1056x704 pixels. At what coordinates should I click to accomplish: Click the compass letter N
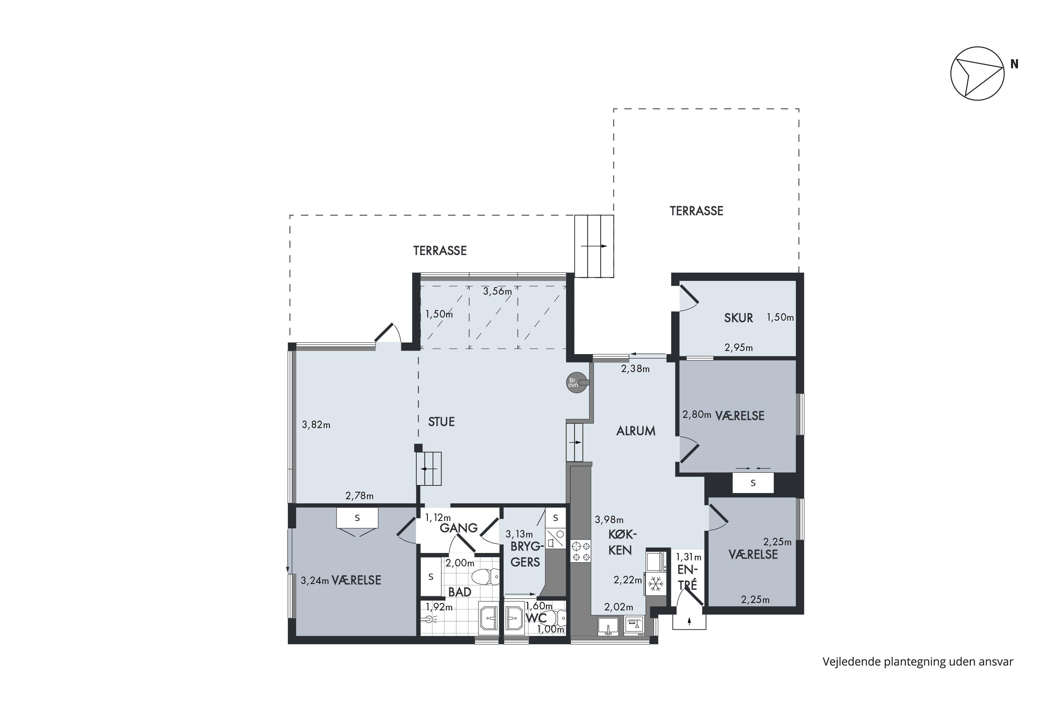[x=1014, y=64]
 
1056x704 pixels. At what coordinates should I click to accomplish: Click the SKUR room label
[x=738, y=318]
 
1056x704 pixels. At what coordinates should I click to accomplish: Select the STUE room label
[x=441, y=422]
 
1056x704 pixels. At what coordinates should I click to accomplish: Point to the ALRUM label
[x=636, y=431]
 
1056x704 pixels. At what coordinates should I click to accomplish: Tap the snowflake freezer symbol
[x=656, y=584]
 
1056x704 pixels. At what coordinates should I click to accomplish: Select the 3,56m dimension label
[x=497, y=291]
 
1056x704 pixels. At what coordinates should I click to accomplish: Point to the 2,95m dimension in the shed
[x=738, y=347]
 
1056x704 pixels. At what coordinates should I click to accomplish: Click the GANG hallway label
[x=458, y=528]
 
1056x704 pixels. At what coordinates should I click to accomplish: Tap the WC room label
[x=536, y=618]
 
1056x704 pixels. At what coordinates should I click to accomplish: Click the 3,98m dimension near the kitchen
[x=609, y=520]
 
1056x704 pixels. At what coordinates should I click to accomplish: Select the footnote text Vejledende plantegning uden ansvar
[x=918, y=662]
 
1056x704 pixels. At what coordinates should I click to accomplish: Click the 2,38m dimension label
[x=635, y=369]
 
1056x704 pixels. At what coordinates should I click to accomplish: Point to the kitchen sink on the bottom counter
[x=608, y=626]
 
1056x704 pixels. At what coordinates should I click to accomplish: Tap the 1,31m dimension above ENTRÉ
[x=689, y=557]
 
